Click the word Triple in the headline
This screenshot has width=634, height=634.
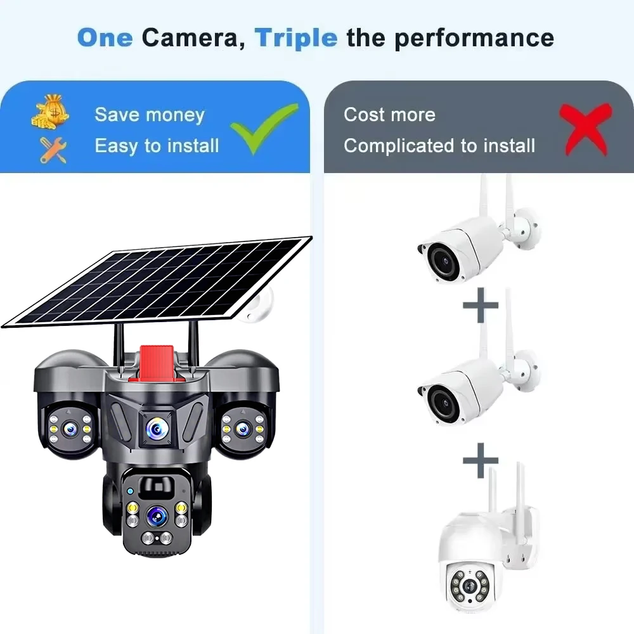295,38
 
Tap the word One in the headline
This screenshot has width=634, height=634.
105,38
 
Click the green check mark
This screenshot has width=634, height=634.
263,128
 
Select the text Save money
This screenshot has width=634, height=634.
150,115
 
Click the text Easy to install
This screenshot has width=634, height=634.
157,146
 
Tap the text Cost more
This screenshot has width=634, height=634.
389,115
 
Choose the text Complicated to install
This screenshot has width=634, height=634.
439,146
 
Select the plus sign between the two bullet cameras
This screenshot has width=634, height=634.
480,306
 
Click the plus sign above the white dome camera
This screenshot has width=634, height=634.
480,460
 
